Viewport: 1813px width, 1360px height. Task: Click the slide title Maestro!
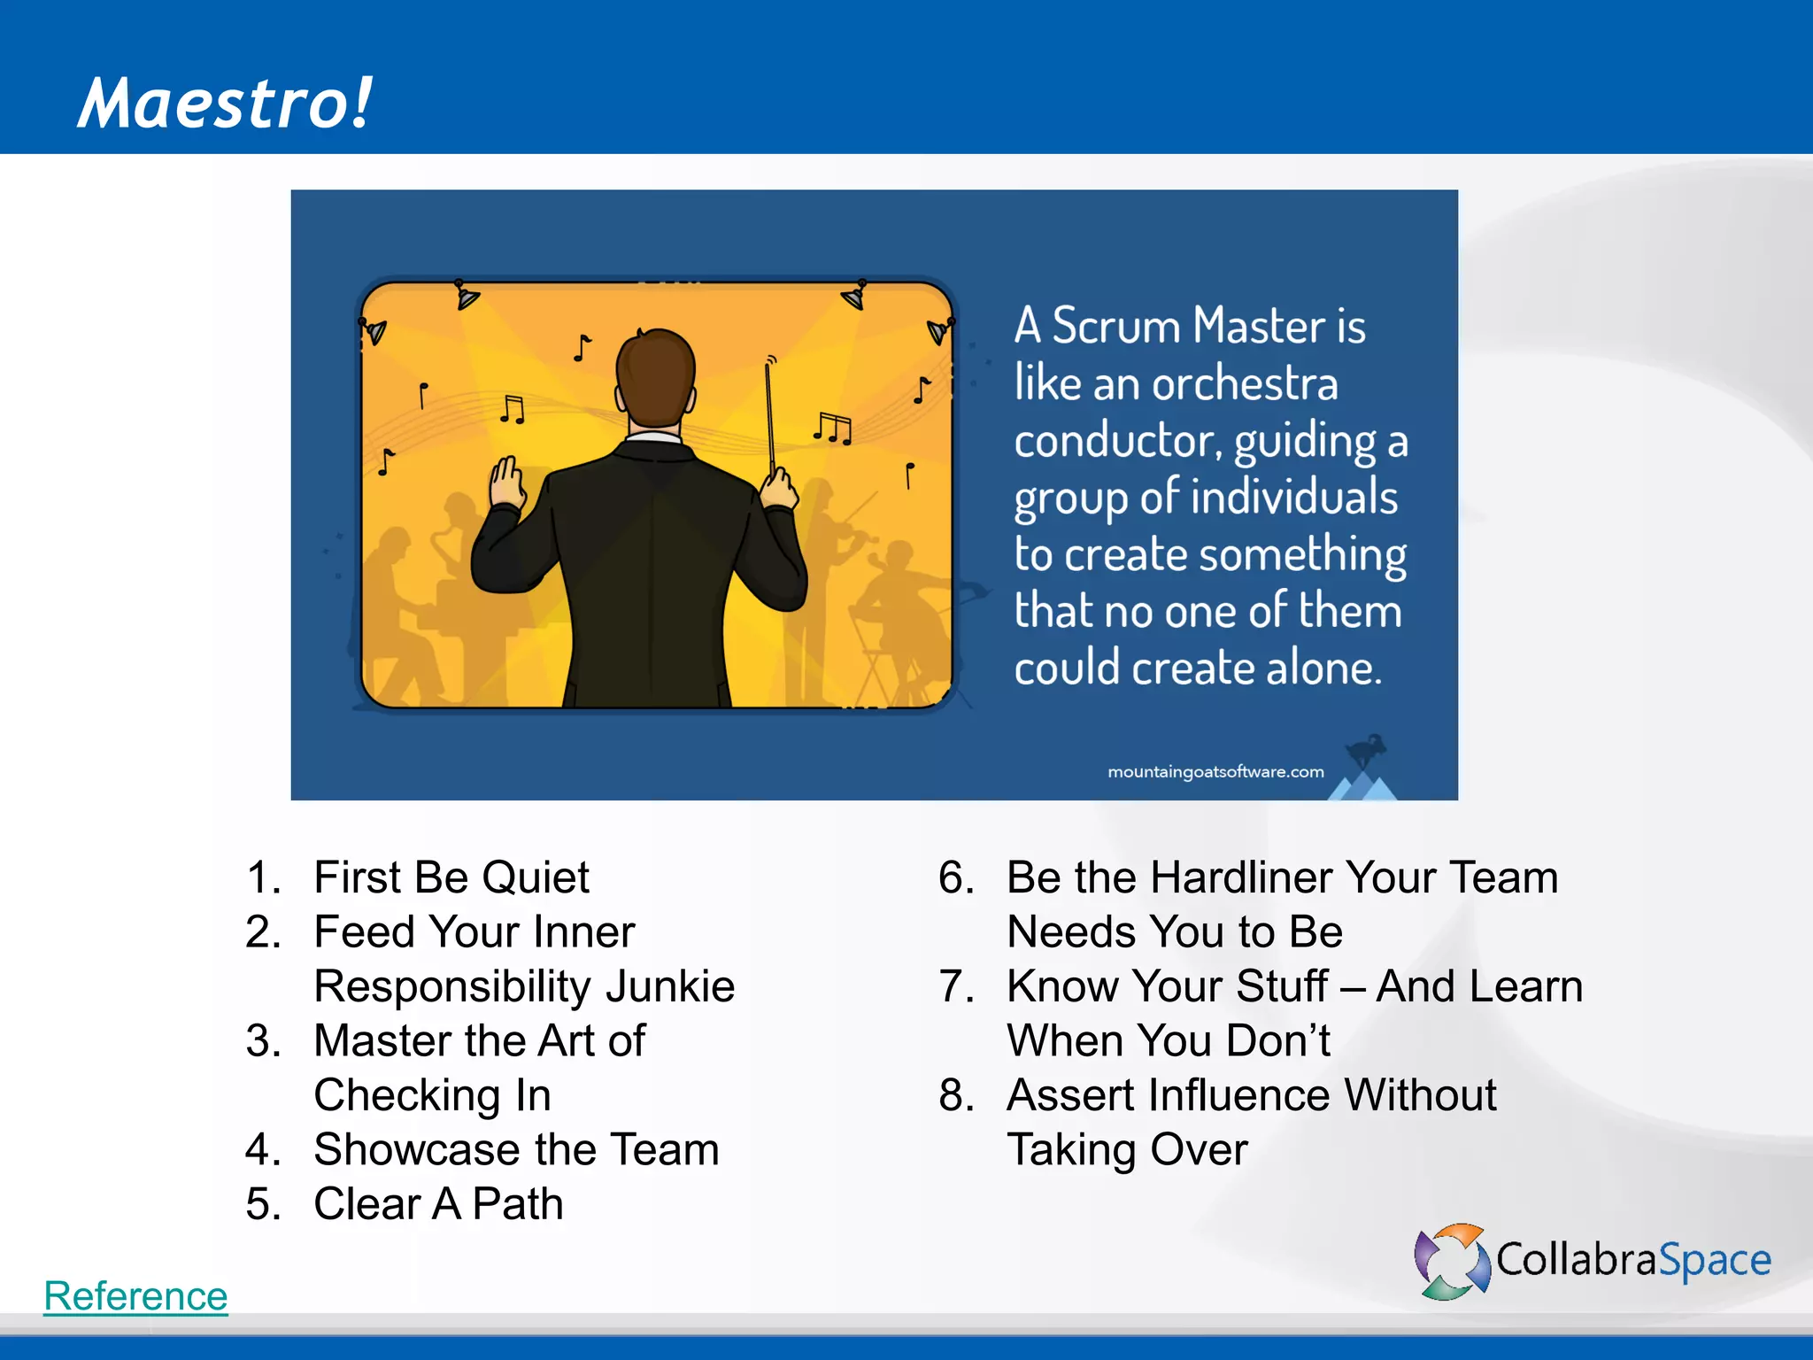click(225, 104)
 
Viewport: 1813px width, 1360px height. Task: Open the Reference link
click(135, 1295)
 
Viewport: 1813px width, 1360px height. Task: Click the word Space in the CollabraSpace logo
click(1714, 1260)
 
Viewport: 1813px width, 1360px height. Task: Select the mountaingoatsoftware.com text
click(1215, 772)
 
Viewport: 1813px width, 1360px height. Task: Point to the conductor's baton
click(769, 416)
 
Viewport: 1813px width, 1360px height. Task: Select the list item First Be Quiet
click(451, 877)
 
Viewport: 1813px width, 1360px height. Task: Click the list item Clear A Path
click(438, 1204)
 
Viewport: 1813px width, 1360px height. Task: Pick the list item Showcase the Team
click(516, 1149)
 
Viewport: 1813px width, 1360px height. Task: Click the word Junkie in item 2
click(670, 986)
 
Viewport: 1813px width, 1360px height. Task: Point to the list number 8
click(956, 1095)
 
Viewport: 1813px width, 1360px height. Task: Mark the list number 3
click(263, 1041)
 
